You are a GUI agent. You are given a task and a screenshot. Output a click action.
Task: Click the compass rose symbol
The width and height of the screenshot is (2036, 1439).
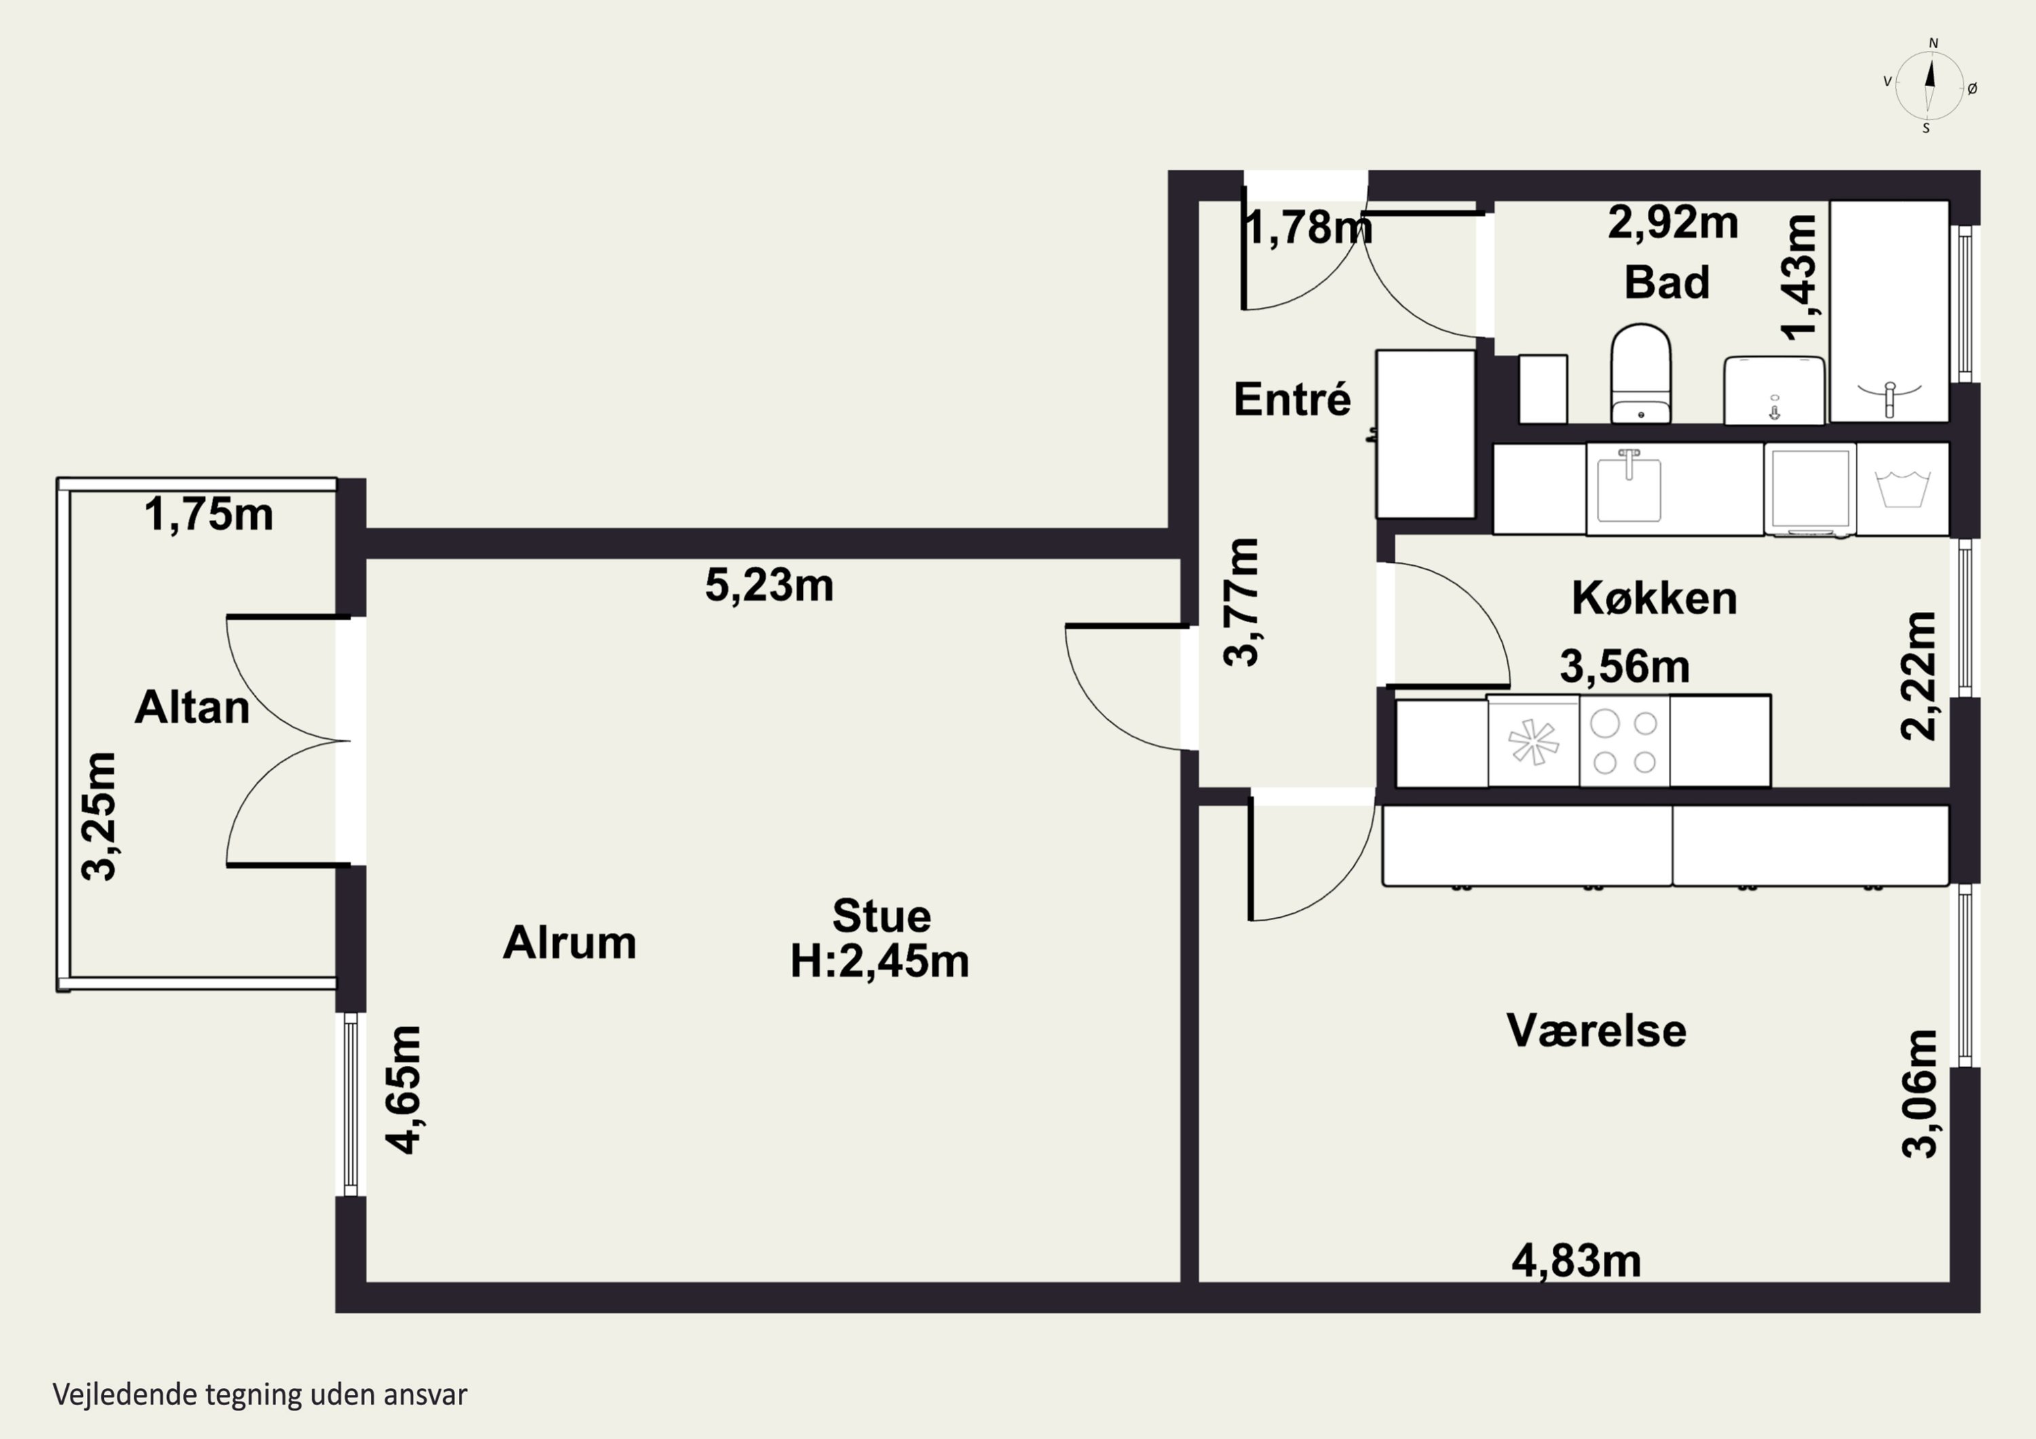click(x=1929, y=85)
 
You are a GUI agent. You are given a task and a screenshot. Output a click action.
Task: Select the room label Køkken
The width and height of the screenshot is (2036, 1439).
click(x=1654, y=598)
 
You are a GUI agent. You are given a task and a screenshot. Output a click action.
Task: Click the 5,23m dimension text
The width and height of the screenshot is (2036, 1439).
click(x=769, y=586)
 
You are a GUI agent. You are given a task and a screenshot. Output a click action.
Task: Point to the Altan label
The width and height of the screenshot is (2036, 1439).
click(x=191, y=708)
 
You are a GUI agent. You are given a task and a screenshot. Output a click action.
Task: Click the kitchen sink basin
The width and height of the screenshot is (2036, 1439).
click(x=1629, y=489)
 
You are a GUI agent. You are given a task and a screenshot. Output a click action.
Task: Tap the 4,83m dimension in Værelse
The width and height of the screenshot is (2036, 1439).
click(x=1576, y=1261)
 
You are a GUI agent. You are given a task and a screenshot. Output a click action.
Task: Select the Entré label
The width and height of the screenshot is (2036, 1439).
click(x=1292, y=399)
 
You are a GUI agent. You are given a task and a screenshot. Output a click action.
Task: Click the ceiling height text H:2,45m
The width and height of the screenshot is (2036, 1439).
click(x=879, y=961)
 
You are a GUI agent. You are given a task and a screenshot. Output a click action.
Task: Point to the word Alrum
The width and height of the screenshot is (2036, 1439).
click(x=569, y=942)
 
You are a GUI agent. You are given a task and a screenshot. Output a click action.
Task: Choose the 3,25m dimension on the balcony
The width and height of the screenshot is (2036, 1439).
click(x=98, y=816)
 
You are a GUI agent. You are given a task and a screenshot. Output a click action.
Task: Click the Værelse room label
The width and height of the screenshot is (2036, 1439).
click(x=1596, y=1031)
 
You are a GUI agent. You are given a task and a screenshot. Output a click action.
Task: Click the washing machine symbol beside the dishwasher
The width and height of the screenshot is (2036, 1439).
click(x=1902, y=489)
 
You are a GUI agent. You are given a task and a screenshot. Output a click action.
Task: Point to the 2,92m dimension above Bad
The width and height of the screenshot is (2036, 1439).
click(x=1672, y=223)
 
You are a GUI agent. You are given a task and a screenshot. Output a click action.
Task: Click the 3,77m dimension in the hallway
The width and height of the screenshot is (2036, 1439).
click(x=1241, y=602)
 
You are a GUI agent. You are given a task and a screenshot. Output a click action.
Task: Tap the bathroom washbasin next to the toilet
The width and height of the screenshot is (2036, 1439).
click(x=1773, y=390)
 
